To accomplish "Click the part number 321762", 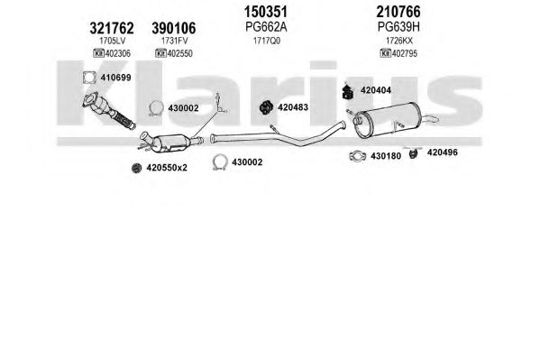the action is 112,28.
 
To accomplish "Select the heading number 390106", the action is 174,28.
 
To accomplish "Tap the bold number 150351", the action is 266,12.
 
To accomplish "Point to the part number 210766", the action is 398,12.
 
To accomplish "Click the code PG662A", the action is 266,27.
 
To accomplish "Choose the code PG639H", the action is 398,27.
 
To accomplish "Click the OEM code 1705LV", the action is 113,41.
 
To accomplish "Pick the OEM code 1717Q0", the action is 267,41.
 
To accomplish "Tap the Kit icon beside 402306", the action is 99,53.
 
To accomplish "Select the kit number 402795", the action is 405,53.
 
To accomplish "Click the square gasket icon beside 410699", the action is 89,78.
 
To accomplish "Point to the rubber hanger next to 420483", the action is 266,107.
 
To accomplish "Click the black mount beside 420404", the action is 348,91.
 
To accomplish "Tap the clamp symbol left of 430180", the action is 358,156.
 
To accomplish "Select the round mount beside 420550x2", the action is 137,168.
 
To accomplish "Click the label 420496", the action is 443,152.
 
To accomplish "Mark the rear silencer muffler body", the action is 388,120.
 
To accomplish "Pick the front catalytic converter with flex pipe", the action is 108,111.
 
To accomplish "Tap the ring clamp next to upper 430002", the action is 156,108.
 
